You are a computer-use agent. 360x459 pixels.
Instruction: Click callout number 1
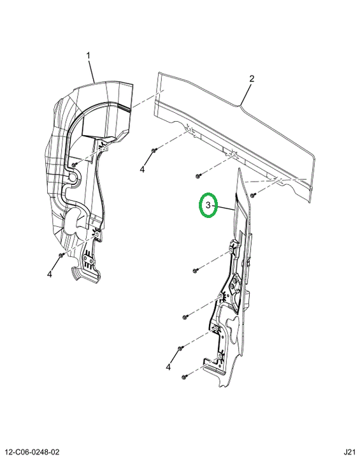pyautogui.click(x=88, y=55)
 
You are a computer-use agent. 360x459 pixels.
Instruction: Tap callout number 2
pyautogui.click(x=252, y=78)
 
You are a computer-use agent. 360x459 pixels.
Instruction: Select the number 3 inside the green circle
pyautogui.click(x=208, y=205)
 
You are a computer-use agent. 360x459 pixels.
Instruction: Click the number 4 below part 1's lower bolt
pyautogui.click(x=50, y=274)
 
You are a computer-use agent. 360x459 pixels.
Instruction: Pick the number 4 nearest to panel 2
pyautogui.click(x=142, y=169)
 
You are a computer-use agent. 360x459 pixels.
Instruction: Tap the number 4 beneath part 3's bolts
pyautogui.click(x=168, y=367)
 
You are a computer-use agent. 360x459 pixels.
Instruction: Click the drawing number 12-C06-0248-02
pyautogui.click(x=30, y=452)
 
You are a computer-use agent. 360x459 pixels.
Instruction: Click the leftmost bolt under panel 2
pyautogui.click(x=154, y=150)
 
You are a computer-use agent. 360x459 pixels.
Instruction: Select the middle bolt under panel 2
pyautogui.click(x=198, y=176)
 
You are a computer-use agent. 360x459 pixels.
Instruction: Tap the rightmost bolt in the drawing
pyautogui.click(x=254, y=194)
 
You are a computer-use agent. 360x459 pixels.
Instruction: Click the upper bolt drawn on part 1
pyautogui.click(x=74, y=165)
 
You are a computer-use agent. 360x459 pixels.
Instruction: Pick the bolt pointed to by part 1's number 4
pyautogui.click(x=61, y=255)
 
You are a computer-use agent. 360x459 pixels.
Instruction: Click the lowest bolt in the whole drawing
pyautogui.click(x=184, y=377)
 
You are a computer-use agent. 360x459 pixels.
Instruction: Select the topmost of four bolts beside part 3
pyautogui.click(x=195, y=270)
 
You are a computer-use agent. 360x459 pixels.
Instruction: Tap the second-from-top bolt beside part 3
pyautogui.click(x=184, y=317)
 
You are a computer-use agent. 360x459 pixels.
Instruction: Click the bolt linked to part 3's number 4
pyautogui.click(x=180, y=348)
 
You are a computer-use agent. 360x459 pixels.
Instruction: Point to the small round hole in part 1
pyautogui.click(x=72, y=177)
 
